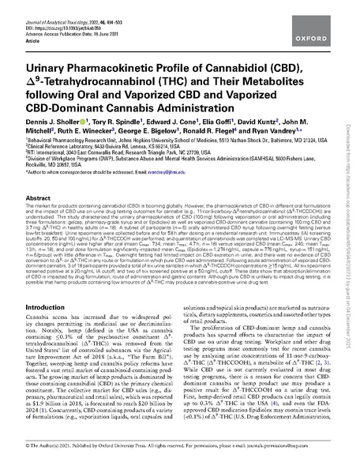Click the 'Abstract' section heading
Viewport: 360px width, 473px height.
point(39,200)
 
